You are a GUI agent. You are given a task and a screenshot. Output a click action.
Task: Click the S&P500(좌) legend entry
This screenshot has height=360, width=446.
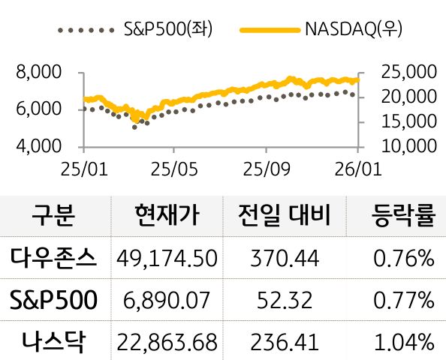point(135,30)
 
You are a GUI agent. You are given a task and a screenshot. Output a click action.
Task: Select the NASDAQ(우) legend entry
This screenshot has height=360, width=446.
point(322,30)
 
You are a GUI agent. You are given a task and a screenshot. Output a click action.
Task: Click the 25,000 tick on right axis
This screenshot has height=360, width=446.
point(408,73)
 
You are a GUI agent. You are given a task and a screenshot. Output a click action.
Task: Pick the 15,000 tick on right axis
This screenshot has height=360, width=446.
point(408,121)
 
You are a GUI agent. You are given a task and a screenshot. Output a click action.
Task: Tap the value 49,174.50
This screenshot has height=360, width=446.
point(167,259)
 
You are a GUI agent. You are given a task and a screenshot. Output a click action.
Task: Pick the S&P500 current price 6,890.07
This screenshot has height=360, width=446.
point(167,301)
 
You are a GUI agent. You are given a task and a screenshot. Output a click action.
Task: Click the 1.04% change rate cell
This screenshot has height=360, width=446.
point(403,343)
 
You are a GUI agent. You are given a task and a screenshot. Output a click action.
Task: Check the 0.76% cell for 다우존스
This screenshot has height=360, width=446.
point(403,259)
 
